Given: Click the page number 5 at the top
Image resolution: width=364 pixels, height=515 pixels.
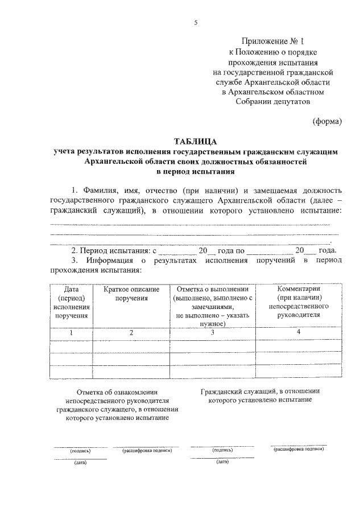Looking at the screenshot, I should tap(195, 23).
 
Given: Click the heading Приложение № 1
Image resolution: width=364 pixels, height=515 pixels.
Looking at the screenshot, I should tap(273, 42).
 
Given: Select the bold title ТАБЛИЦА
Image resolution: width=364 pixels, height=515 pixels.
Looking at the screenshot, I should tap(195, 141).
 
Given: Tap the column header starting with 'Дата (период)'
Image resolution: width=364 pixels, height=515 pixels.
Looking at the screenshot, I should tap(71, 302).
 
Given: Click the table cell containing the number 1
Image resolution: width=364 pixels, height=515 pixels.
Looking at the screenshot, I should tap(71, 332).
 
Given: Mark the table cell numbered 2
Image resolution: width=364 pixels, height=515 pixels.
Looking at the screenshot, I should tap(131, 332).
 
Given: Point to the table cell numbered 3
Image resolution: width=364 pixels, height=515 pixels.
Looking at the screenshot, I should tap(212, 332).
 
